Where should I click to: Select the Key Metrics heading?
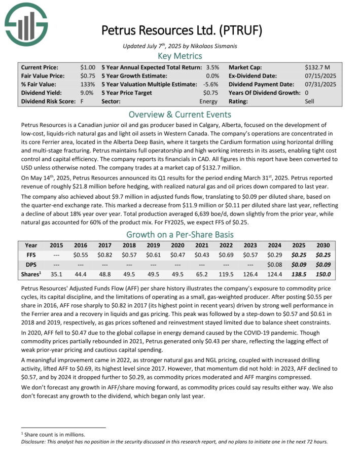click(x=180, y=56)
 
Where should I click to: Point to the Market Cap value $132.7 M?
click(x=318, y=67)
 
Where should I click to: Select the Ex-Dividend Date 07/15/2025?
click(x=322, y=76)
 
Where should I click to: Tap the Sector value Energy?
click(x=208, y=101)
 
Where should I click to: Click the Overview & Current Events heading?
click(x=180, y=114)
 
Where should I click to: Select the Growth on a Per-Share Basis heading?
click(x=180, y=234)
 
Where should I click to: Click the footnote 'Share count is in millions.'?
click(x=54, y=434)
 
